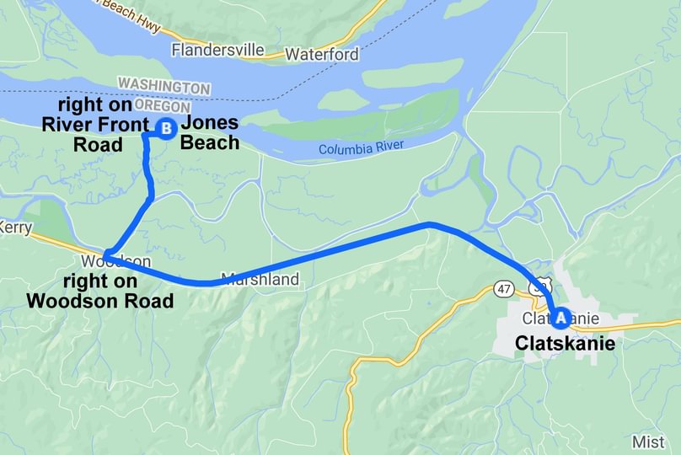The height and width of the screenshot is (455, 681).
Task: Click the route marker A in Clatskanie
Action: point(560,318)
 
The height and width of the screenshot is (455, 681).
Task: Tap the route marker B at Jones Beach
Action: point(166,129)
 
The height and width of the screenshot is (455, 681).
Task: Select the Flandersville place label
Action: point(217,50)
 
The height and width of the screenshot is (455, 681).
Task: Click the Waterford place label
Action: point(322,55)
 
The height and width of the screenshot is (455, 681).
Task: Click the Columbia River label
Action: point(361,148)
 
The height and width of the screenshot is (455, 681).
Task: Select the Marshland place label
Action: point(260,279)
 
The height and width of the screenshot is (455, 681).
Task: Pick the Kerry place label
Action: point(15,227)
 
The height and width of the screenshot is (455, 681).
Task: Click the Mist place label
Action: point(648,442)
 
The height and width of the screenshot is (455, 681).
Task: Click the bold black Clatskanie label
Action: point(565,345)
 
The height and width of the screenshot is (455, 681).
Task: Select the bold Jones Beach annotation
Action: point(210,132)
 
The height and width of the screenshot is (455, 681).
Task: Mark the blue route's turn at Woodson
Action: point(106,254)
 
